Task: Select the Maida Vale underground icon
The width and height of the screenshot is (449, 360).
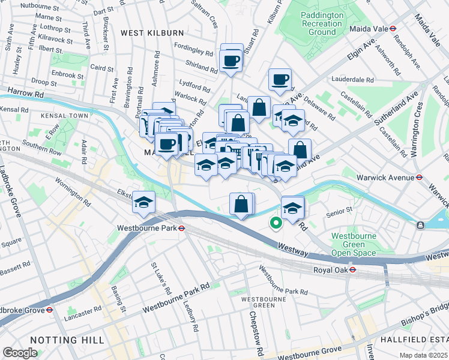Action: [392, 28]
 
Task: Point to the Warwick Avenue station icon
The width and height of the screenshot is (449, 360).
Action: [420, 178]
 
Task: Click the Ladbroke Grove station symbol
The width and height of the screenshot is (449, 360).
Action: [50, 310]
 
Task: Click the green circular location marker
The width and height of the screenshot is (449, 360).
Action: [276, 223]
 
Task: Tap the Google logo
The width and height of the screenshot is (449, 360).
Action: [20, 353]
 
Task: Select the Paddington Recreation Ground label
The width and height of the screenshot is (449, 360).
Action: [323, 22]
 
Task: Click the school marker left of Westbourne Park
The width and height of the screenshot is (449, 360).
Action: [144, 202]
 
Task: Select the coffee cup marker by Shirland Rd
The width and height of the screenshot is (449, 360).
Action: [231, 60]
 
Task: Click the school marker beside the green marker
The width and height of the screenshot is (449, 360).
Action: [292, 208]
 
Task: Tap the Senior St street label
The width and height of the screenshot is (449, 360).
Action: [337, 213]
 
